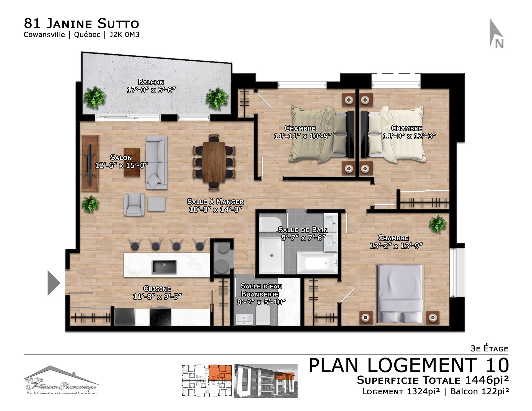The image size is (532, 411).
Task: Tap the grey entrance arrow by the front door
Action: click(53, 283)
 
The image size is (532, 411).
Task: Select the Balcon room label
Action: click(151, 82)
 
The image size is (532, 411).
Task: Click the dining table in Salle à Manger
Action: click(214, 162)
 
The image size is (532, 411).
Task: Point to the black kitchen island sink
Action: click(164, 266)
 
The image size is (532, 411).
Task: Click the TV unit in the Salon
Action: click(90, 163)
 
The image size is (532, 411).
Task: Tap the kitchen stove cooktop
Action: click(160, 317)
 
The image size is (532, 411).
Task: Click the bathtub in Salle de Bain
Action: click(317, 262)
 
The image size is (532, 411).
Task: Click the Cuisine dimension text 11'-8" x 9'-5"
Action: click(157, 297)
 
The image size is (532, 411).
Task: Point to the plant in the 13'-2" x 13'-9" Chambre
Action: click(438, 224)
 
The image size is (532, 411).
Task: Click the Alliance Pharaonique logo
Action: click(61, 380)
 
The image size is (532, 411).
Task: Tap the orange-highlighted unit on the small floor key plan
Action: click(220, 373)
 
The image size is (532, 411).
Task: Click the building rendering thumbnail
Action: click(265, 381)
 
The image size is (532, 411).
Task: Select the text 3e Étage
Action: click(489, 348)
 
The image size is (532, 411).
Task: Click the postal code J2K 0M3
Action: click(124, 35)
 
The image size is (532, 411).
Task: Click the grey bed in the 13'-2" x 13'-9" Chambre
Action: click(400, 294)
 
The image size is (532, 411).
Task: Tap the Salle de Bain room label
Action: click(303, 230)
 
